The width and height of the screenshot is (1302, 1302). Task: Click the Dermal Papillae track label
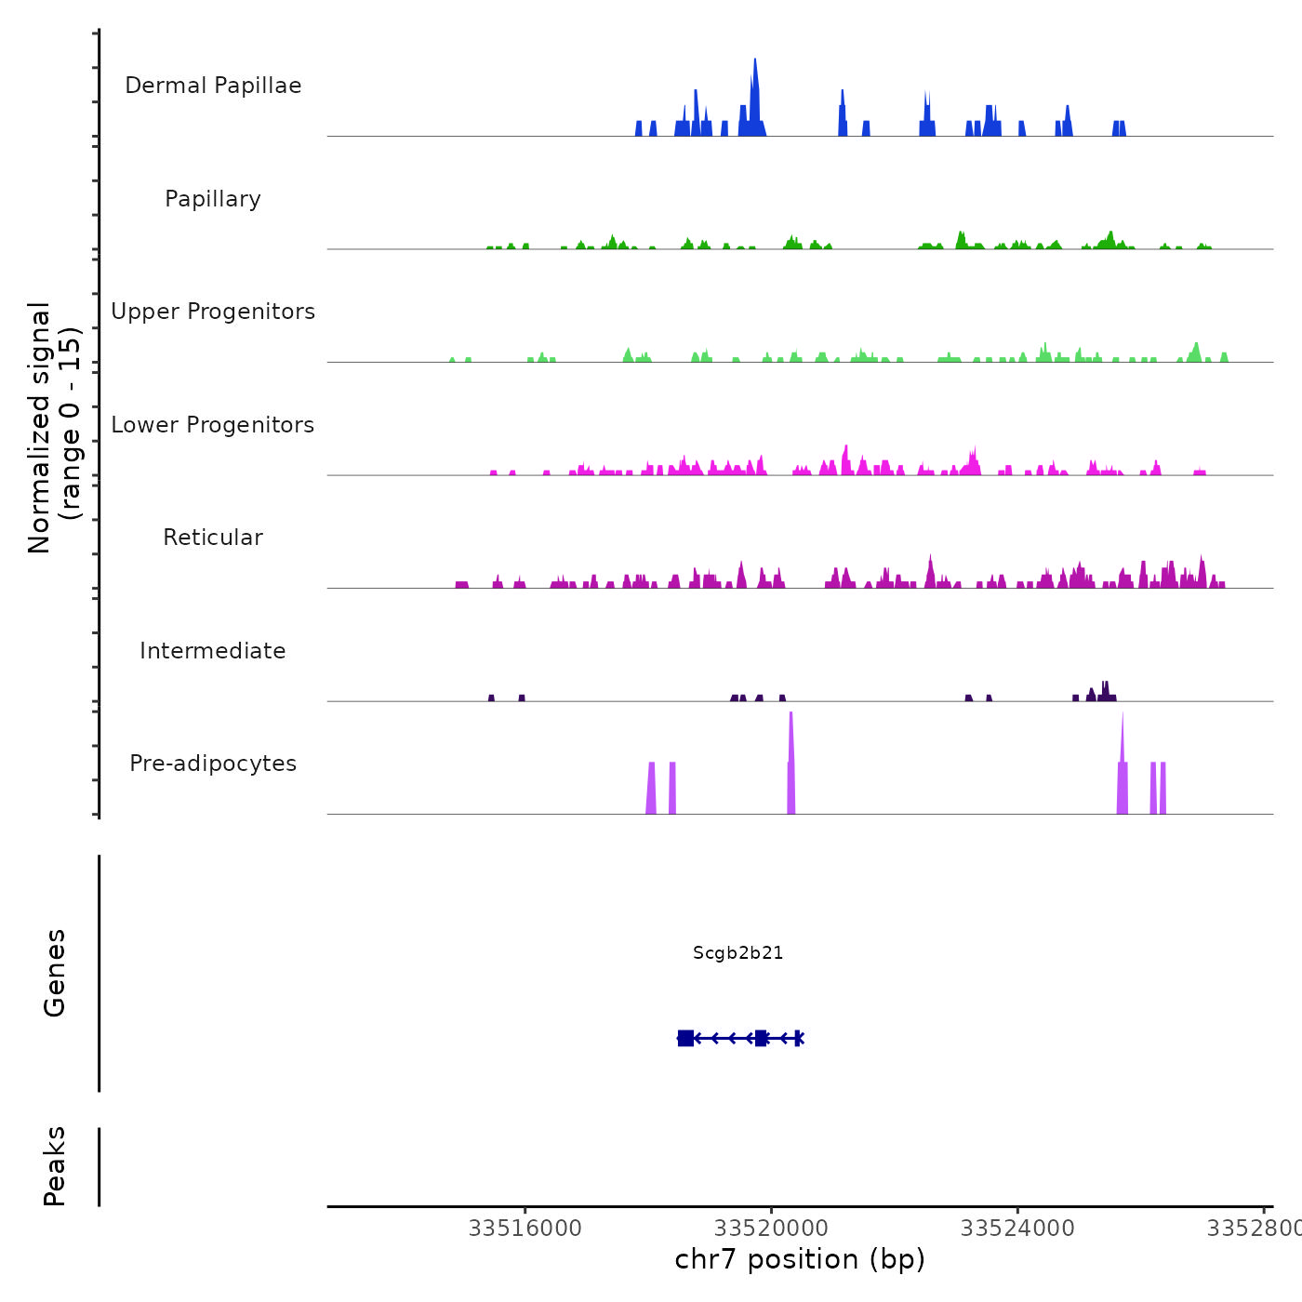tap(213, 86)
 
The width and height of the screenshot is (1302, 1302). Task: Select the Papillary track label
tap(213, 199)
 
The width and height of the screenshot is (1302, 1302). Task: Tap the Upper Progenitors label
tap(213, 312)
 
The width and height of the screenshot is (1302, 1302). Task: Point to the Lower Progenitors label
tap(213, 425)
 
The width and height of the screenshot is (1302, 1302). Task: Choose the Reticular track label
tap(213, 538)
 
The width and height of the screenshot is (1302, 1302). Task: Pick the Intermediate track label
tap(213, 651)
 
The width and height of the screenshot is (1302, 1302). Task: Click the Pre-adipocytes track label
tap(213, 764)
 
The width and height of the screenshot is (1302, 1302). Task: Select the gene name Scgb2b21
tap(738, 953)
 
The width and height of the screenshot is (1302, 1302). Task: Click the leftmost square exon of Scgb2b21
tap(685, 1038)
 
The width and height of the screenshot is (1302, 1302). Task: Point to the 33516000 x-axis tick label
tap(525, 1229)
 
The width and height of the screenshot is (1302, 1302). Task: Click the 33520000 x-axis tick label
tap(771, 1229)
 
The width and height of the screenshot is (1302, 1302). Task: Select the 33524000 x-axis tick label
tap(1017, 1229)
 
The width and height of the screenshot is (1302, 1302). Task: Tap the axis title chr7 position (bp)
tap(800, 1259)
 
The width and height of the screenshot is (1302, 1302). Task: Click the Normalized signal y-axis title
tap(54, 427)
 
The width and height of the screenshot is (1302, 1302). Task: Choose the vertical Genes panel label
tap(55, 973)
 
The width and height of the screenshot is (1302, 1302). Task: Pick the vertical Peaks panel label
tap(55, 1166)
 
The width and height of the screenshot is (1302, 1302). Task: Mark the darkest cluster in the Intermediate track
tap(1104, 693)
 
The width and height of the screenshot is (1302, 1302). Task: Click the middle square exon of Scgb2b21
tap(761, 1038)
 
